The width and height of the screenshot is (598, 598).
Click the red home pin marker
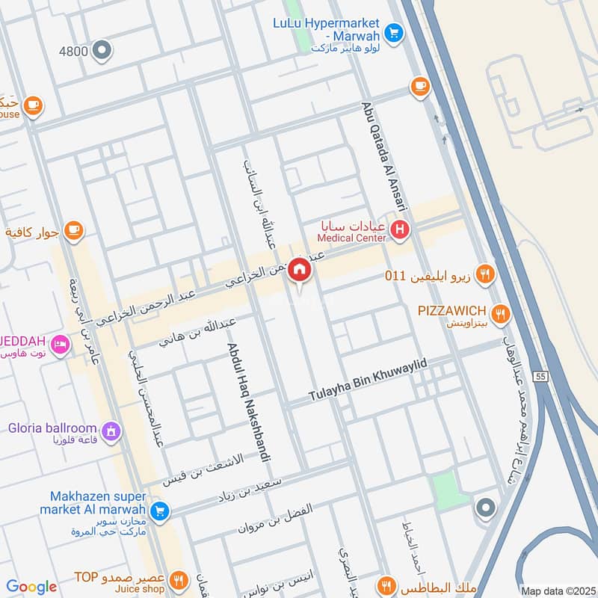click(x=299, y=270)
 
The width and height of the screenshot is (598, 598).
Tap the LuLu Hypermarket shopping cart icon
click(x=394, y=32)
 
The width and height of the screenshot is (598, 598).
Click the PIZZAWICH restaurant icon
click(x=502, y=313)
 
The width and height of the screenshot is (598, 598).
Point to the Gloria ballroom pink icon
click(x=111, y=431)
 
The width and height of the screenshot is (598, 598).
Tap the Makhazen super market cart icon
click(x=158, y=511)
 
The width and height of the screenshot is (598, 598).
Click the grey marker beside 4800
click(x=102, y=51)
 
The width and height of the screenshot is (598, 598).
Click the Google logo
click(x=31, y=587)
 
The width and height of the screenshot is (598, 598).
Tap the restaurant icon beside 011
click(x=485, y=275)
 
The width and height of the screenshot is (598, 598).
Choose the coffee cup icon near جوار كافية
click(x=73, y=230)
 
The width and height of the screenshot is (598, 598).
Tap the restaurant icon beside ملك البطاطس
click(x=386, y=585)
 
